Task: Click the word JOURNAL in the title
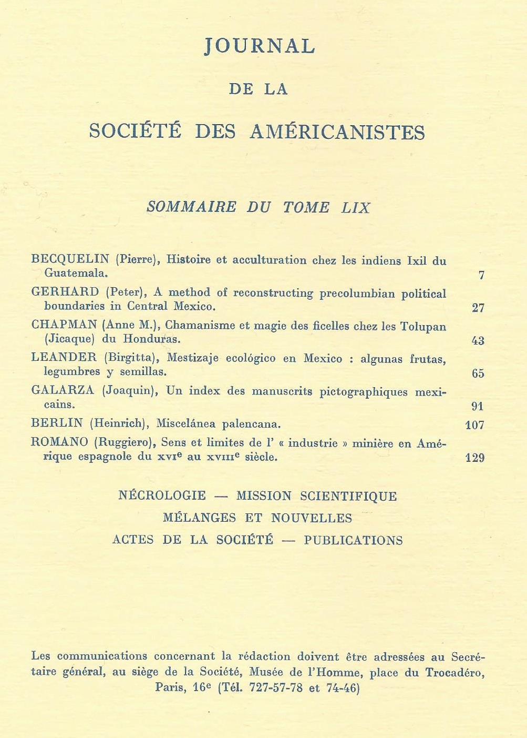(x=260, y=46)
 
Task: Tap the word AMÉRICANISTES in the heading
(x=337, y=132)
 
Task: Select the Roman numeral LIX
(x=356, y=207)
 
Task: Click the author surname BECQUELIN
(x=70, y=259)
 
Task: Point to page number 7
(x=481, y=275)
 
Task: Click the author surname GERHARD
(x=65, y=292)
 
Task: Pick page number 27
(x=478, y=308)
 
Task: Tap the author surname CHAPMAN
(x=64, y=326)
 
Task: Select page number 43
(x=478, y=341)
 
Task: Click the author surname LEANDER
(x=64, y=358)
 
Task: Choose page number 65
(x=478, y=373)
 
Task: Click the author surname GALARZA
(x=63, y=391)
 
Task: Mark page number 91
(x=478, y=406)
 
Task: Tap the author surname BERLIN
(x=57, y=423)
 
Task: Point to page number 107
(x=475, y=424)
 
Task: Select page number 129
(x=475, y=458)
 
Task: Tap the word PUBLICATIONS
(x=353, y=540)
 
